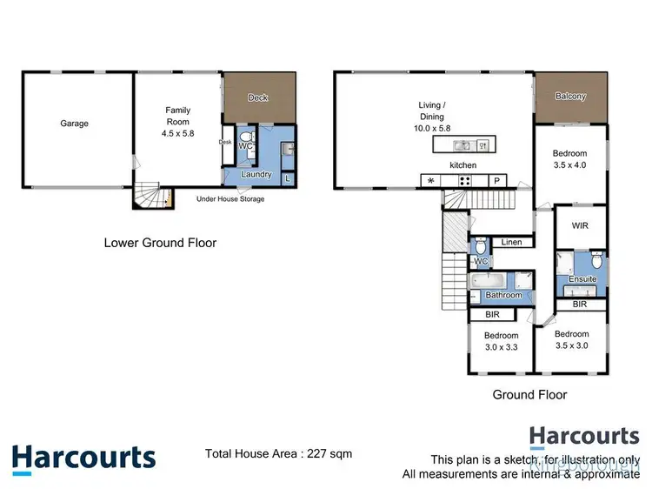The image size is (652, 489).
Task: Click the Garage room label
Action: pos(74,124)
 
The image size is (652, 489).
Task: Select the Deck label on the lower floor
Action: pos(258,97)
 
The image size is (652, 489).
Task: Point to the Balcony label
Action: pos(570,97)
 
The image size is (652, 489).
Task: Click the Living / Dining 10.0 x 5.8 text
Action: pos(430,117)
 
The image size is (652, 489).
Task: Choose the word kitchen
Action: pos(462,164)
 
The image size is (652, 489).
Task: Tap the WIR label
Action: pos(581,225)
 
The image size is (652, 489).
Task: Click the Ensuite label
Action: pos(583,279)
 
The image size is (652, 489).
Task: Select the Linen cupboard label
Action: pos(512,242)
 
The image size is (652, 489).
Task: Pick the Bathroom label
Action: pos(504,296)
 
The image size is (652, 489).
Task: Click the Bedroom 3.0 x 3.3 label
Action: pos(502,341)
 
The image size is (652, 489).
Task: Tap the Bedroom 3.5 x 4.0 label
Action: pos(570,158)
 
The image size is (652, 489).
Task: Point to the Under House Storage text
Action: pos(230,199)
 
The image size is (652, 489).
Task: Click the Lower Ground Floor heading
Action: pos(160,243)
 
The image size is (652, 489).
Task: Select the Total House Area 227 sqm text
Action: pos(278,453)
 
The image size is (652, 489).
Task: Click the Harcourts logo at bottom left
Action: pos(83,459)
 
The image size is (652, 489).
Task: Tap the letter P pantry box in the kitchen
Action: pos(496,181)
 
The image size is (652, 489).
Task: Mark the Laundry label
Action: pos(256,174)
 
